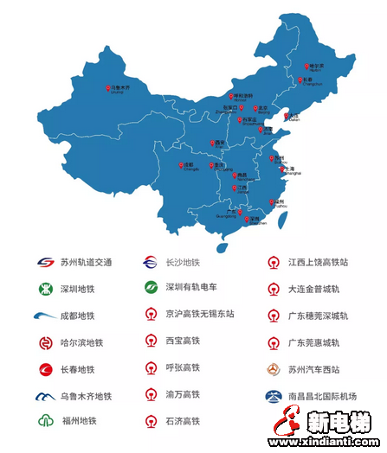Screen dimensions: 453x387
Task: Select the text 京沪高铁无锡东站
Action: coord(200,315)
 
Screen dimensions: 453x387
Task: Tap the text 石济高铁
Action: coord(183,421)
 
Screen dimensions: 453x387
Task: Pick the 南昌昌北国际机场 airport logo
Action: coord(273,395)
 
